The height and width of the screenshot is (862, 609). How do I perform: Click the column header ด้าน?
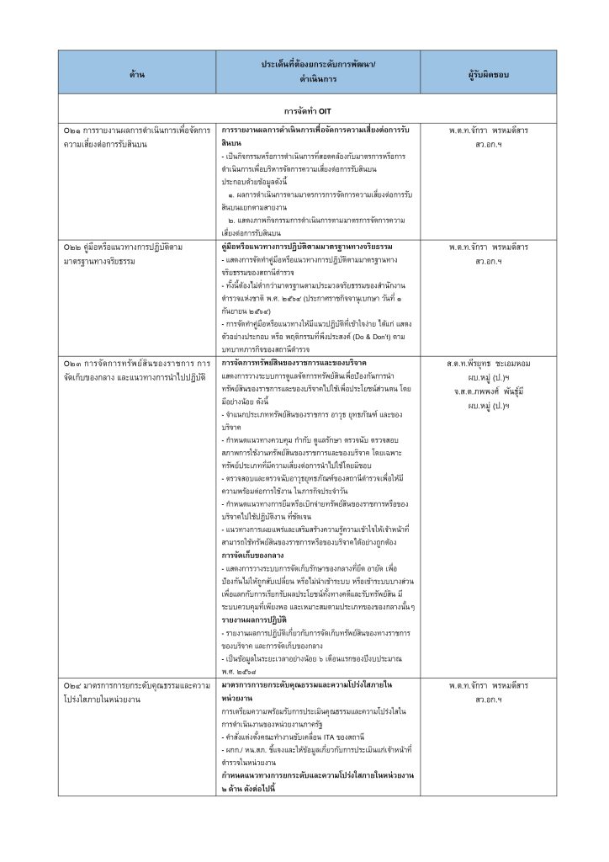tap(138, 74)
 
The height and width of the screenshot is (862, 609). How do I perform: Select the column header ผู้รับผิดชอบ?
tap(489, 74)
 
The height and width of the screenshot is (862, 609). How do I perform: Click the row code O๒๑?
tap(71, 131)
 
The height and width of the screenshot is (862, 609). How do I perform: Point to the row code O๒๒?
tap(71, 247)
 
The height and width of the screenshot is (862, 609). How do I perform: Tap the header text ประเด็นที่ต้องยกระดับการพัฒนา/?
tap(318, 65)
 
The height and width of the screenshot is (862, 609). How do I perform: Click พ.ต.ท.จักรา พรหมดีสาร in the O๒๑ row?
tap(489, 131)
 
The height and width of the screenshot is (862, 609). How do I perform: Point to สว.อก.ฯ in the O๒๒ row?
tap(489, 261)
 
